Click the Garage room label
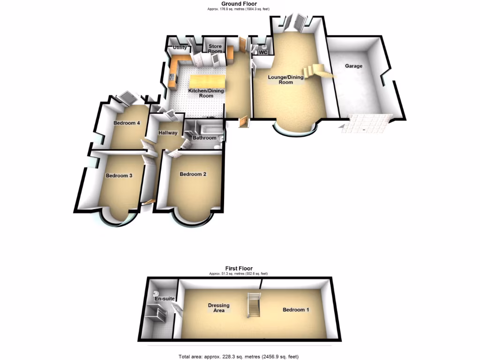353,66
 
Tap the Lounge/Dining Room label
286,80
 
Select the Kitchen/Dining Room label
201,93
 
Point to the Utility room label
180,48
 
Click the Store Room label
215,49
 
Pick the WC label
263,52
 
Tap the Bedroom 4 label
127,123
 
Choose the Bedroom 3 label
119,176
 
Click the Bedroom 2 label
193,174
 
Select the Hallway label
168,133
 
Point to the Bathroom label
204,138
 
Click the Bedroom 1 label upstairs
296,310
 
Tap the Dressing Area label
219,307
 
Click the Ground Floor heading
240,4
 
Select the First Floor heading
239,269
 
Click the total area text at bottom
238,357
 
